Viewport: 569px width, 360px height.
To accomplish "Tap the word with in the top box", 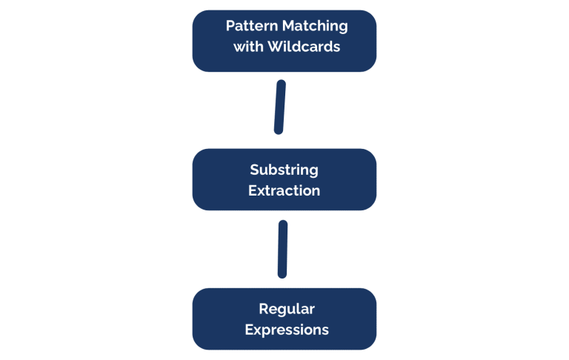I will tap(247, 47).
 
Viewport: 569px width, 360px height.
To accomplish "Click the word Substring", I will tap(284, 170).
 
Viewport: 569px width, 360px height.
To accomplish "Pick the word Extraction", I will tap(284, 190).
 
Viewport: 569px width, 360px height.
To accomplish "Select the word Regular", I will tap(287, 309).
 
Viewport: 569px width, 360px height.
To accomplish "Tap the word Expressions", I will tap(287, 330).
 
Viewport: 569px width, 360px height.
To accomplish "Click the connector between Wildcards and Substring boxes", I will tap(280, 107).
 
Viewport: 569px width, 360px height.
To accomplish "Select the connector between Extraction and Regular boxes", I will tap(282, 249).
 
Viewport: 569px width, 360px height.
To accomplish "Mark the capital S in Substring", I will tap(253, 170).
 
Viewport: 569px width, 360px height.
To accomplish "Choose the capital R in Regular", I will tap(263, 309).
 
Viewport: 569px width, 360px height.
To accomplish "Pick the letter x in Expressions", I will tap(258, 330).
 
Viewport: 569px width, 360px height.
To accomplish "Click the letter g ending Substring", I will tap(313, 171).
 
